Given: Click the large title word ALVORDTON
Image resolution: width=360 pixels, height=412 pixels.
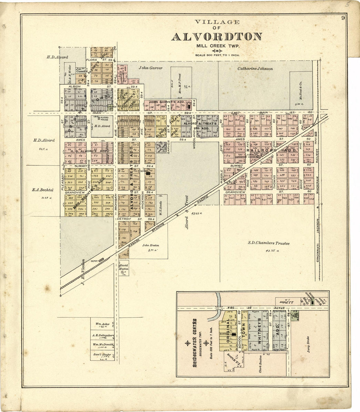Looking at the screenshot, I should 216,37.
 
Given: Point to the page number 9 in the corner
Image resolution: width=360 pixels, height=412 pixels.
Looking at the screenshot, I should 343,18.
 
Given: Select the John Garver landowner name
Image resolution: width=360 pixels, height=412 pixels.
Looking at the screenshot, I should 150,68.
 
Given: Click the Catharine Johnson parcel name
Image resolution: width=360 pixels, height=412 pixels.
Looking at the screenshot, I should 255,69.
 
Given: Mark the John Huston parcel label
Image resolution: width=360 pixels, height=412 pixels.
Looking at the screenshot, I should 151,245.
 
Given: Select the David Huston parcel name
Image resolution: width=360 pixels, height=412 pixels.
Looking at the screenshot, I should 124,267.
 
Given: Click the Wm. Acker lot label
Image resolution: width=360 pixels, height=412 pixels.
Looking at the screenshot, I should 102,324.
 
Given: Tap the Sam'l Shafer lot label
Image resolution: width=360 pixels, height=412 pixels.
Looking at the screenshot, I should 102,354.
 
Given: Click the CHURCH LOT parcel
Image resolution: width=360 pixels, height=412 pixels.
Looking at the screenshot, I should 112,107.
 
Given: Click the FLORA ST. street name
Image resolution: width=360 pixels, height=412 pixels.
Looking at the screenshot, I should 97,60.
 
